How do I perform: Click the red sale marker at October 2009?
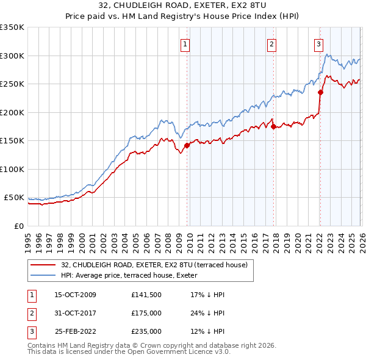pyautogui.click(x=187, y=145)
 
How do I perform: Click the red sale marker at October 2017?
pyautogui.click(x=273, y=126)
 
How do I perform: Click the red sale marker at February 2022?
pyautogui.click(x=320, y=93)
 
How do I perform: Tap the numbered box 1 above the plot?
pyautogui.click(x=184, y=43)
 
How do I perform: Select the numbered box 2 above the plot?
pyautogui.click(x=271, y=43)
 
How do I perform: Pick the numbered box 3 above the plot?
pyautogui.click(x=318, y=43)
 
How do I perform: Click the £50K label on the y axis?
pyautogui.click(x=14, y=198)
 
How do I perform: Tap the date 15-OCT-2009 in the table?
pyautogui.click(x=76, y=295)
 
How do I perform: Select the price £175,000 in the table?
pyautogui.click(x=146, y=313)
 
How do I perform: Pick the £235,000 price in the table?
pyautogui.click(x=146, y=332)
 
